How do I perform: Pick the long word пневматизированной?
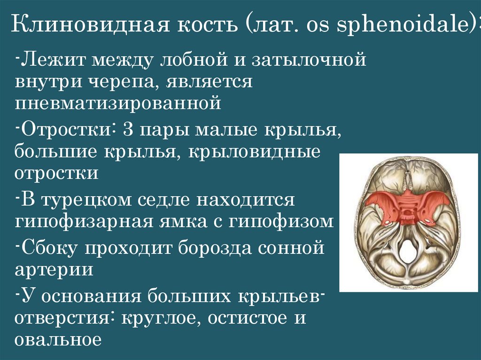[x=117, y=103]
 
